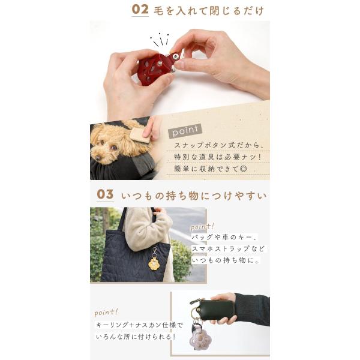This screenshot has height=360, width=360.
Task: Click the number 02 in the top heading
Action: tap(140, 10)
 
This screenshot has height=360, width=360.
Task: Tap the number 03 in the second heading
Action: tap(105, 194)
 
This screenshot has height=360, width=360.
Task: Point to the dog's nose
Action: tap(98, 158)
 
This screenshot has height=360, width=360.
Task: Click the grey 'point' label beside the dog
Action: tap(185, 131)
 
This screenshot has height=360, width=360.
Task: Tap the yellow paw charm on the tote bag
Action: tap(154, 263)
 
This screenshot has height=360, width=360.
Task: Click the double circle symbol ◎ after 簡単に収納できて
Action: tap(243, 169)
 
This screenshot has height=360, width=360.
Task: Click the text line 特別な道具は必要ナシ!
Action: tap(218, 157)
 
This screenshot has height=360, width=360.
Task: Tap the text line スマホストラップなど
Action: tap(228, 248)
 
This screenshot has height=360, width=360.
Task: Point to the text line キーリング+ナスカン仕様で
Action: tap(139, 325)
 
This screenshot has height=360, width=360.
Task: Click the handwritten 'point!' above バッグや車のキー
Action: tap(202, 227)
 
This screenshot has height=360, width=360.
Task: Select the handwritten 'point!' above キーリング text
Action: tap(106, 313)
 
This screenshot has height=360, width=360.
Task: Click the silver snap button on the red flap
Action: tap(176, 56)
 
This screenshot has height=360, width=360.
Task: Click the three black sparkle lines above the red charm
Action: tap(160, 40)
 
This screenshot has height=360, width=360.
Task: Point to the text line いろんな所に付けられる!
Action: tap(136, 337)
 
